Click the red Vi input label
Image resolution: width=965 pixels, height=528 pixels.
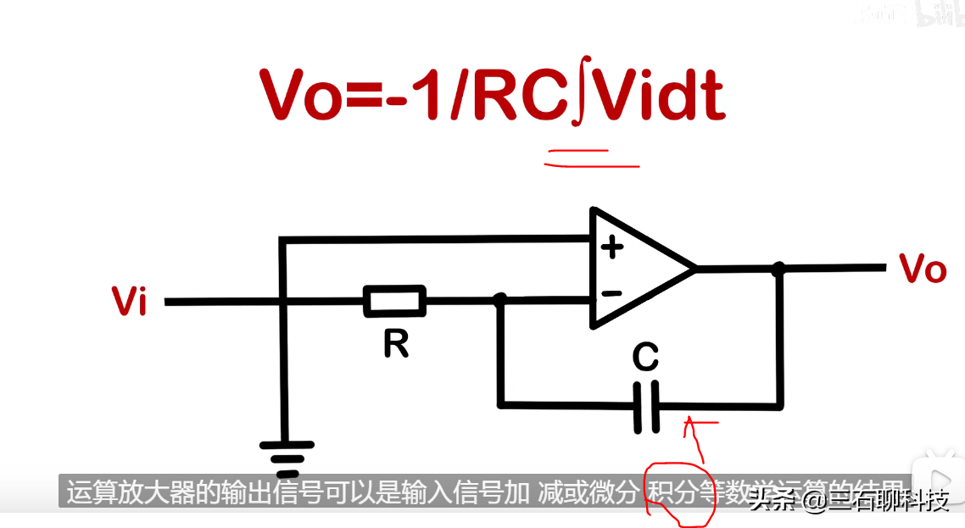tap(130, 302)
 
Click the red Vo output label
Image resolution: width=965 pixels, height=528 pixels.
tap(923, 269)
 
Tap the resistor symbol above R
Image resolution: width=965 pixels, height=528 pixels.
tap(394, 301)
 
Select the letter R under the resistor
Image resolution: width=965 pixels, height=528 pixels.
tap(395, 343)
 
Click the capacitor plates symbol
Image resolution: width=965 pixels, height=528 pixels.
tap(646, 408)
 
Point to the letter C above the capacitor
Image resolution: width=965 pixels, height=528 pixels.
tap(645, 358)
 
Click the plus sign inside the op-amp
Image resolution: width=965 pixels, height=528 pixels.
tap(611, 247)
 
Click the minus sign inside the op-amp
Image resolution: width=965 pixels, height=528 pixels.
tap(611, 293)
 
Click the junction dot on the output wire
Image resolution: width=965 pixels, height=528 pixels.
tap(779, 269)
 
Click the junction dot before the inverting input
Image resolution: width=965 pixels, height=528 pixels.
tap(500, 299)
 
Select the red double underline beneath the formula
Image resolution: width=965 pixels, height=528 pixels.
tap(591, 158)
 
